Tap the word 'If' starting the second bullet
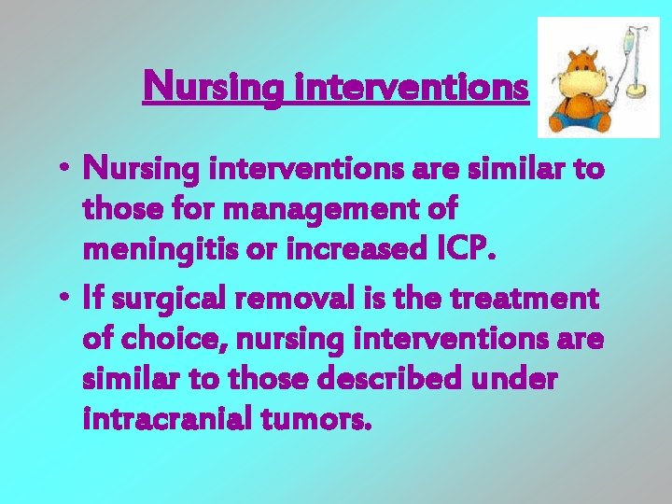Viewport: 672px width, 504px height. pos(93,301)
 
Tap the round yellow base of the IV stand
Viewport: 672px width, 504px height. pos(639,90)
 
